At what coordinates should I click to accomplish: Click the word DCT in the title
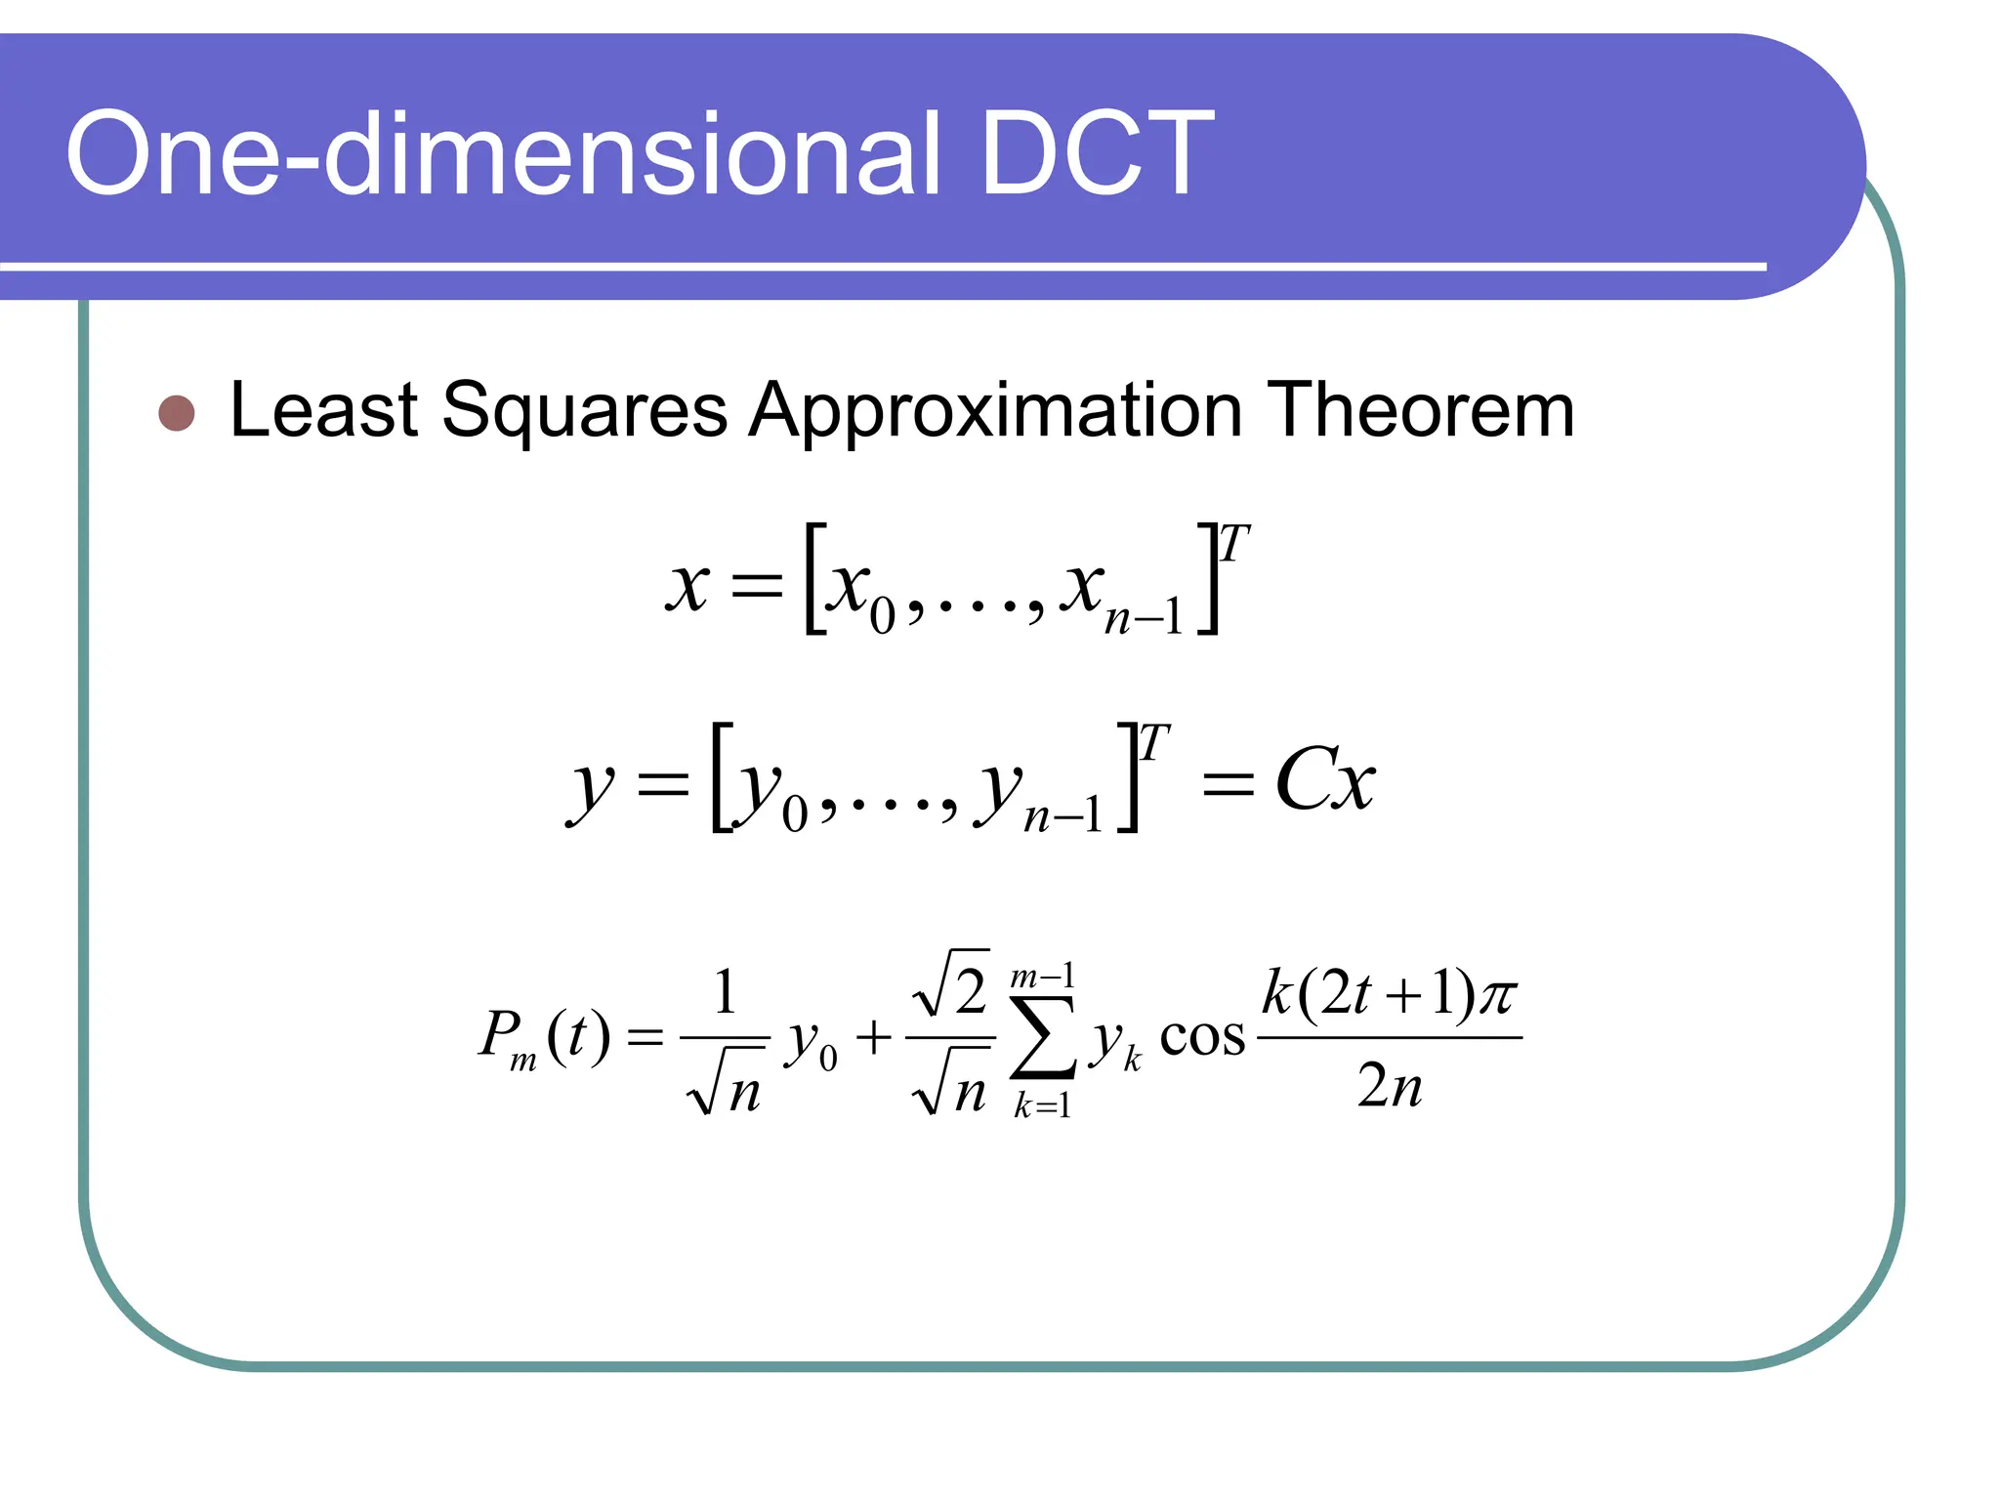click(1096, 153)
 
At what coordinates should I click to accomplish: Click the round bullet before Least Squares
click(177, 413)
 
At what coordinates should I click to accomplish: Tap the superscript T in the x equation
click(1234, 544)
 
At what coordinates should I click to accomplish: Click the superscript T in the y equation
click(1154, 743)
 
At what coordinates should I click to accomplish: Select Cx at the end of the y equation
click(1325, 780)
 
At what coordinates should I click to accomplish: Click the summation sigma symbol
click(1043, 1037)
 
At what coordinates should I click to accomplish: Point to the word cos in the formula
click(1202, 1038)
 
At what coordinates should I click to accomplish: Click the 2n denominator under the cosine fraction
click(1389, 1085)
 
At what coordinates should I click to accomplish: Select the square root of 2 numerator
click(951, 985)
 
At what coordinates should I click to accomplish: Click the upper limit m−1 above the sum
click(1042, 976)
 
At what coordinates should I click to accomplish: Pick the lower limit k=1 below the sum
click(1042, 1105)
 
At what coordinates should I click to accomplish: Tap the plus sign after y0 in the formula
click(874, 1037)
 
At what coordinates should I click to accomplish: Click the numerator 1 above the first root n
click(725, 992)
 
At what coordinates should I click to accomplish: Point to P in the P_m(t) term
click(500, 1033)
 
